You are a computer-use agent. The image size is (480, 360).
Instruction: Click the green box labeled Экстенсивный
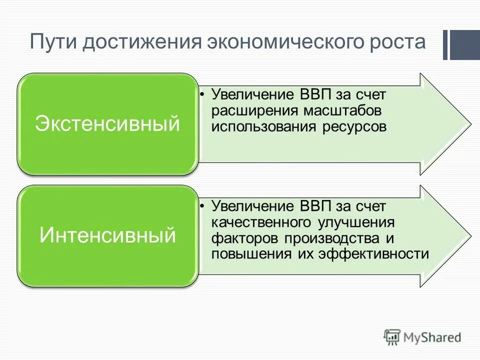pyautogui.click(x=107, y=123)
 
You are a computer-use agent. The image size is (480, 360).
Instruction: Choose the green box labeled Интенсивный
pyautogui.click(x=107, y=235)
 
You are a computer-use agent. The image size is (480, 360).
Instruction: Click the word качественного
pyautogui.click(x=259, y=222)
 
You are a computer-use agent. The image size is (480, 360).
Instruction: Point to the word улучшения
pyautogui.click(x=355, y=222)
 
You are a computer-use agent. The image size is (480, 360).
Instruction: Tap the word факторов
pyautogui.click(x=239, y=238)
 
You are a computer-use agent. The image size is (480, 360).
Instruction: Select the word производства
pyautogui.click(x=325, y=238)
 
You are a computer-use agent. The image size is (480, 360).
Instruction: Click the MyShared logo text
pyautogui.click(x=432, y=337)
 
